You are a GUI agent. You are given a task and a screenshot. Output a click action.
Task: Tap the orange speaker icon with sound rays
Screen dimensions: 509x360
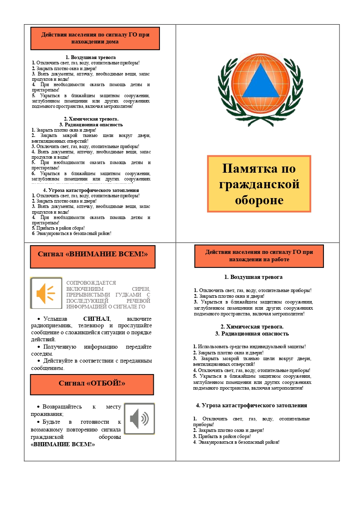(x=46, y=293)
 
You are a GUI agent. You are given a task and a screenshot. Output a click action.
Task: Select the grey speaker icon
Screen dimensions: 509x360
(x=139, y=419)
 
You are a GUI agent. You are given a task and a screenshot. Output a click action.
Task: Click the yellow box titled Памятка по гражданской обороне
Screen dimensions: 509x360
(x=259, y=184)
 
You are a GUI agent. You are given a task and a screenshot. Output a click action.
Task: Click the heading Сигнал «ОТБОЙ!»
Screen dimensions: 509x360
(x=92, y=384)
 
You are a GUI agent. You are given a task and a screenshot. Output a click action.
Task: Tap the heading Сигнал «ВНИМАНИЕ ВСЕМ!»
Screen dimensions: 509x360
(x=93, y=254)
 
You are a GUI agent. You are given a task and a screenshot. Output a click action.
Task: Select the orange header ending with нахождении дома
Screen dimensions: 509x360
(x=95, y=39)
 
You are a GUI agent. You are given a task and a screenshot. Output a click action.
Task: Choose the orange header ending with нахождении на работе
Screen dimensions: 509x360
(x=259, y=256)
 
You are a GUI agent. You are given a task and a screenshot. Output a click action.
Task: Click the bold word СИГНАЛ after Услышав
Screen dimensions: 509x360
(x=96, y=319)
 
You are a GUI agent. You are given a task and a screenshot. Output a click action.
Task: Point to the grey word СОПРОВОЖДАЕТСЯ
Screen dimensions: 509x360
(x=91, y=283)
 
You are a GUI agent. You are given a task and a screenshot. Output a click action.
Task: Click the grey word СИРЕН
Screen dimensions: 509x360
(x=141, y=289)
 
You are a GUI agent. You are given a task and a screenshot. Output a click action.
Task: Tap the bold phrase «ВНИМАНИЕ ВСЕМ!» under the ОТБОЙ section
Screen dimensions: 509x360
(x=63, y=444)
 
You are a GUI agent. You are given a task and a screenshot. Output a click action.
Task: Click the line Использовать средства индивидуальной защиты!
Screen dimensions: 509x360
(x=249, y=347)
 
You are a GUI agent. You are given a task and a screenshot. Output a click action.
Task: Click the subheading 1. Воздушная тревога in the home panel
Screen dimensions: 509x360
(x=91, y=57)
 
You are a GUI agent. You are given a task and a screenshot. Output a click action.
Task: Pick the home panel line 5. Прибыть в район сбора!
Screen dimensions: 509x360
(x=58, y=228)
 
